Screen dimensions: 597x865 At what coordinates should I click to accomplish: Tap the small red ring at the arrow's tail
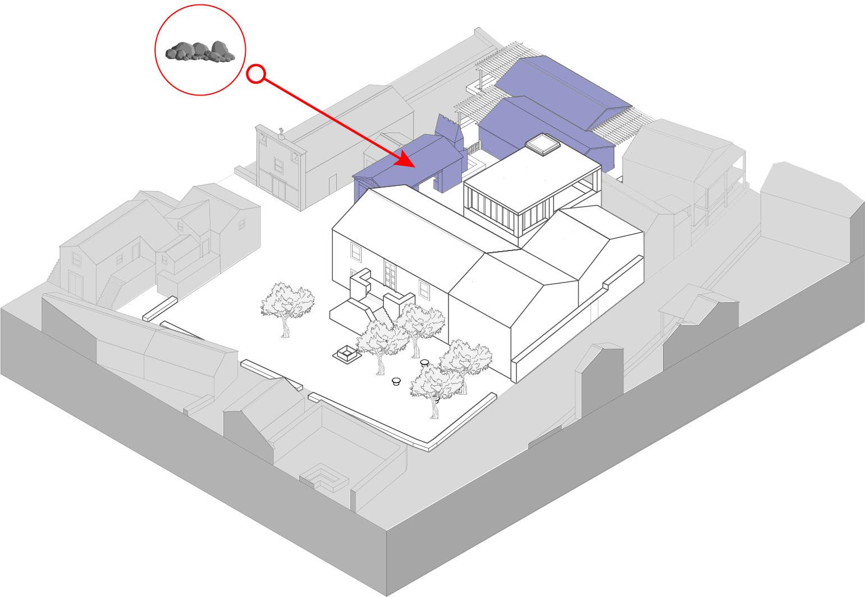click(255, 74)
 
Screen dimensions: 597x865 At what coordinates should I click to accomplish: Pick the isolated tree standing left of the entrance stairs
click(287, 306)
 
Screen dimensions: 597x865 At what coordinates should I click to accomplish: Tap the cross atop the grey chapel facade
click(281, 133)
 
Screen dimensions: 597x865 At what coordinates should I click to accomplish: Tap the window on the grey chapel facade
click(278, 165)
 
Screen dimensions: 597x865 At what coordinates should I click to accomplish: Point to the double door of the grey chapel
click(278, 189)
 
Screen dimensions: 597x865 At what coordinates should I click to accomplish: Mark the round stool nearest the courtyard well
click(396, 382)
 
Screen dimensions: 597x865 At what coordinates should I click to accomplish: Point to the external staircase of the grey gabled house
click(110, 289)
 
